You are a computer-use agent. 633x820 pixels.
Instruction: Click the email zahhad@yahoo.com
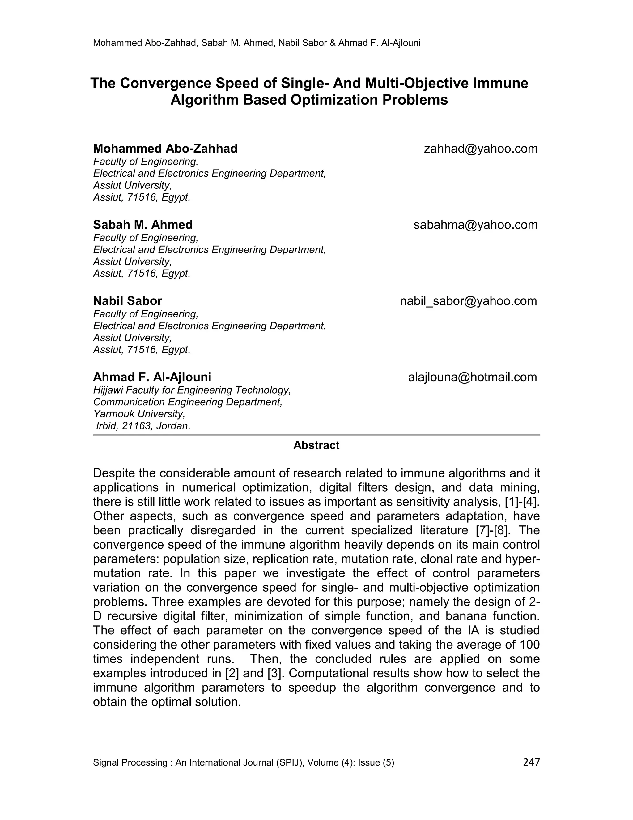pos(480,149)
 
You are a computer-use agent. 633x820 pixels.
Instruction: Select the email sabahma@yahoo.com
pos(475,225)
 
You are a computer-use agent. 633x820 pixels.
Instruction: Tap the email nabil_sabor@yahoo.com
pos(468,301)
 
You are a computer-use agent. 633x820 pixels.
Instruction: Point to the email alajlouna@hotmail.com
pos(473,377)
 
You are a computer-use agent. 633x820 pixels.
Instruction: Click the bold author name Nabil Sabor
pos(128,301)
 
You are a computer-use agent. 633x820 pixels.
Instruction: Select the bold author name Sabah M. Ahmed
pos(142,225)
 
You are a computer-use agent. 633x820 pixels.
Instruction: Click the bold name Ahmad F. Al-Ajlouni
pos(152,377)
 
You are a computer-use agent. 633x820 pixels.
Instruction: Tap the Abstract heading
pos(316,445)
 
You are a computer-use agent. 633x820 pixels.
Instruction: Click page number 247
pos(531,762)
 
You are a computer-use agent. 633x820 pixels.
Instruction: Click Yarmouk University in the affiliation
pos(139,414)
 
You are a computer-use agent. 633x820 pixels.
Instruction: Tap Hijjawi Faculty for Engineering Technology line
pos(192,390)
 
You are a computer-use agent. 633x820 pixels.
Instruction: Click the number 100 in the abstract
pos(529,645)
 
